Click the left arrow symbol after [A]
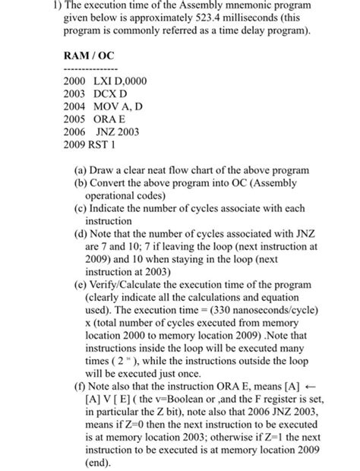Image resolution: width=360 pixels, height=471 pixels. pyautogui.click(x=331, y=385)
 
